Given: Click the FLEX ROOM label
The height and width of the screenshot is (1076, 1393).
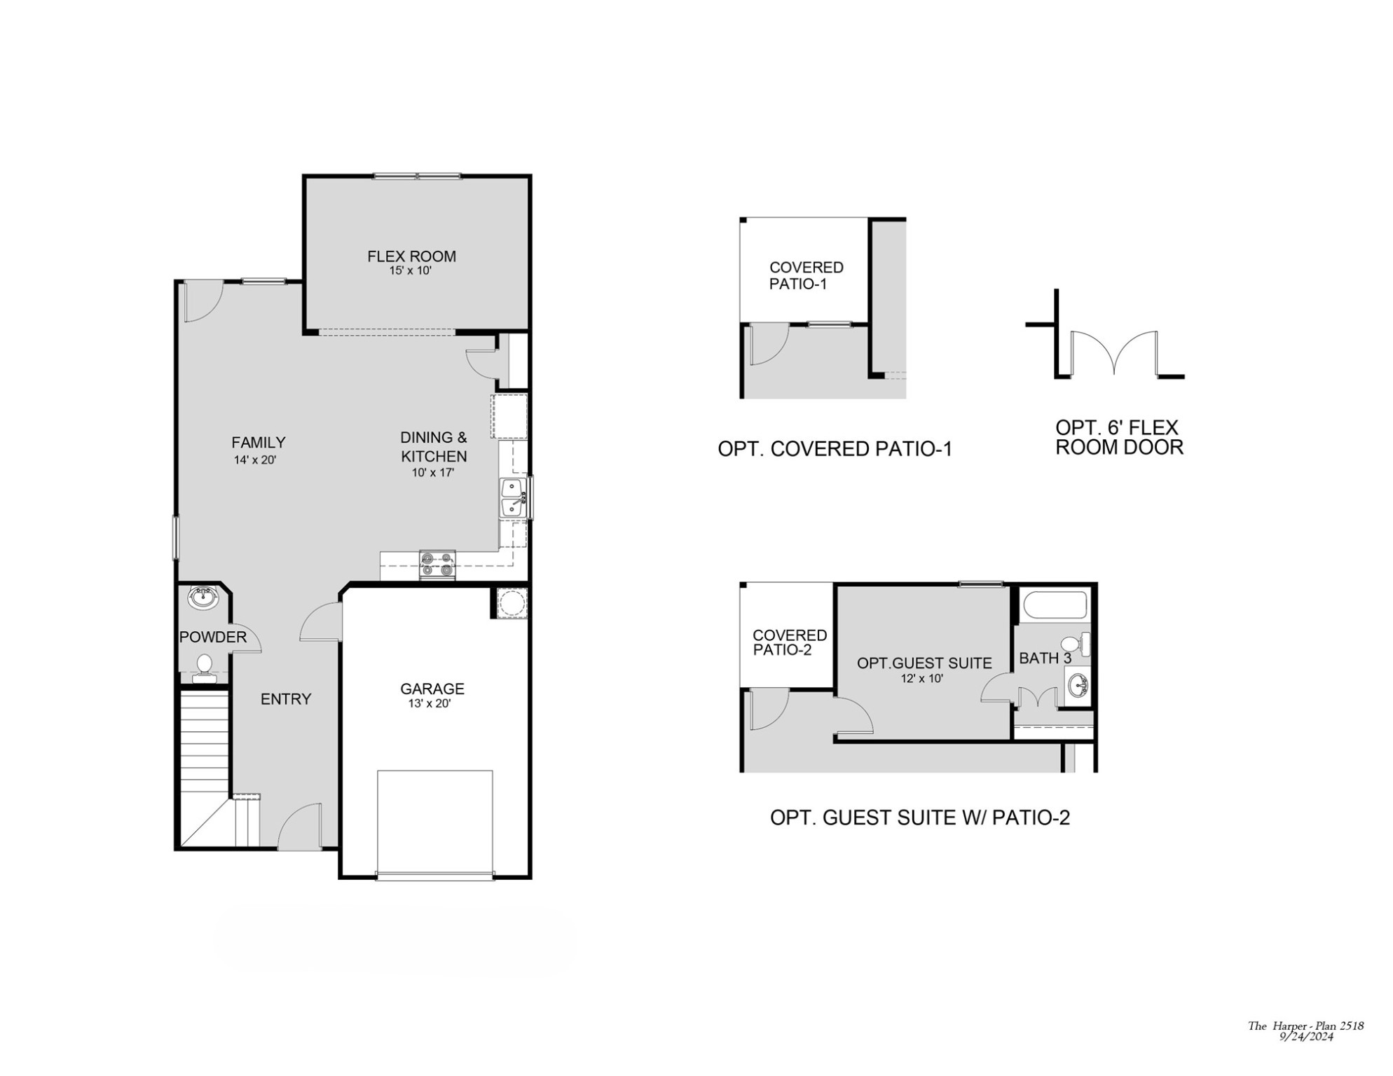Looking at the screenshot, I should coord(411,256).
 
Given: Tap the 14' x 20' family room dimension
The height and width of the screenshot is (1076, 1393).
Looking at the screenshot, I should coord(255,460).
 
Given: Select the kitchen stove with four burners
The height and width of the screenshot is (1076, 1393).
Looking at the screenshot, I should coord(437,565).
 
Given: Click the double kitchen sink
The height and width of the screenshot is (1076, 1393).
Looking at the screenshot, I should coord(513,498).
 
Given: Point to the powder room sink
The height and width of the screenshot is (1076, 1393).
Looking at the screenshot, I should coord(203,598).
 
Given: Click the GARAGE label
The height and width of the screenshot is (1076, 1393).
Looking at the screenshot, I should coord(432,689).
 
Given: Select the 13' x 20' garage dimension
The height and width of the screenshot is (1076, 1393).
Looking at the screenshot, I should coord(430,703).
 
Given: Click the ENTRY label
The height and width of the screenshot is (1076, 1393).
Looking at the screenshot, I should coord(285,698).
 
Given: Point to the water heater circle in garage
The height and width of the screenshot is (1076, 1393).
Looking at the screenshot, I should coord(512,603).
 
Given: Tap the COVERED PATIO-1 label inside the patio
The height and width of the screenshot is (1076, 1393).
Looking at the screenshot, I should coord(806,275).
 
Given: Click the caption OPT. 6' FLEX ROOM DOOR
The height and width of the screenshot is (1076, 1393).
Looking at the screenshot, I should coord(1119,437).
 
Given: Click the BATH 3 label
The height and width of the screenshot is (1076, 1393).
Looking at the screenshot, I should coord(1045,658).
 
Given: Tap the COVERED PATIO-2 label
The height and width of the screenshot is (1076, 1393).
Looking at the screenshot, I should coord(789,642).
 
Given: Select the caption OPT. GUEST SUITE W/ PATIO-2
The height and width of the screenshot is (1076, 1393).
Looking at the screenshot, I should coord(919,818).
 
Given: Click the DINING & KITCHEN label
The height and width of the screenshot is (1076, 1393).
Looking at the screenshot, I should coord(434,447).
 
